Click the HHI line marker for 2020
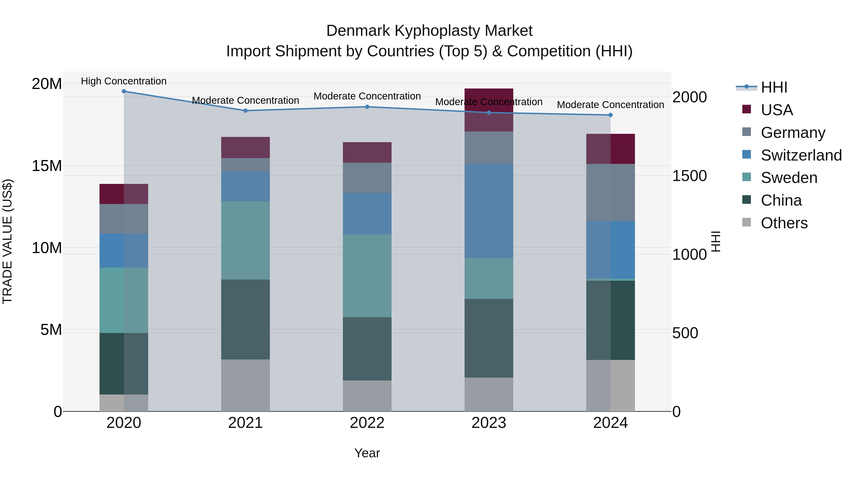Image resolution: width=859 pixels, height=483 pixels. [124, 91]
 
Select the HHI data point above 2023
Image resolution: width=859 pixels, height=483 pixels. [489, 112]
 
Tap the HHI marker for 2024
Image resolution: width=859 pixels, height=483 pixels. [611, 115]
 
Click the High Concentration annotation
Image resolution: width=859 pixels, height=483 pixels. [124, 81]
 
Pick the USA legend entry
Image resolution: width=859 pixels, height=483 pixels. [777, 110]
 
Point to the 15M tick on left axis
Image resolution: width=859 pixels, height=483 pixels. [47, 166]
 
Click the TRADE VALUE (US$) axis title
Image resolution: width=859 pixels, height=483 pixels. [7, 241]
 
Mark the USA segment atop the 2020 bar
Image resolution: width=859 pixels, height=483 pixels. [124, 194]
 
